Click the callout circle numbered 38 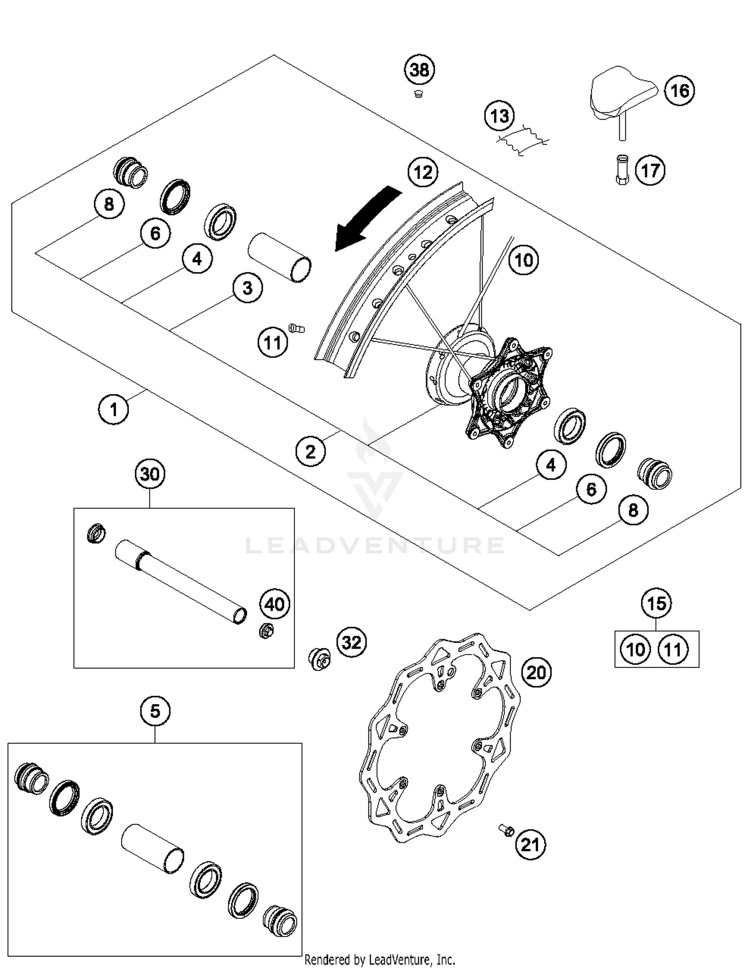click(419, 70)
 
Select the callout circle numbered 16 click(679, 91)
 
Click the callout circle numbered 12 click(423, 172)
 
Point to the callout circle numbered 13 click(500, 116)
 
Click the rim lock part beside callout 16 click(621, 95)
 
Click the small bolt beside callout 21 click(506, 830)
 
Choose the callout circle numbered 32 click(351, 642)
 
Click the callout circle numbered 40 click(274, 604)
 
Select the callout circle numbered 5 click(155, 711)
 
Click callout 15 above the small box click(656, 603)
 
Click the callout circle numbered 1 click(114, 410)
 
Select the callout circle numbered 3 click(247, 288)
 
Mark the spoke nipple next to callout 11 click(296, 329)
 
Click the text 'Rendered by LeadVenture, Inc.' click(380, 959)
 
